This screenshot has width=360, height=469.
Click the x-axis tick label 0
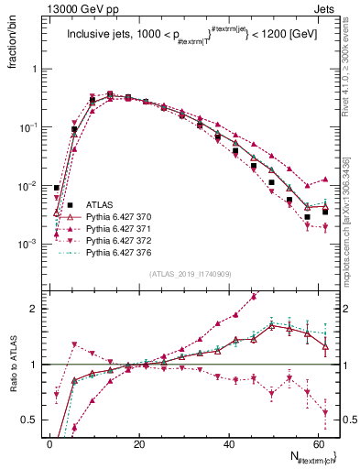tap(49, 443)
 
